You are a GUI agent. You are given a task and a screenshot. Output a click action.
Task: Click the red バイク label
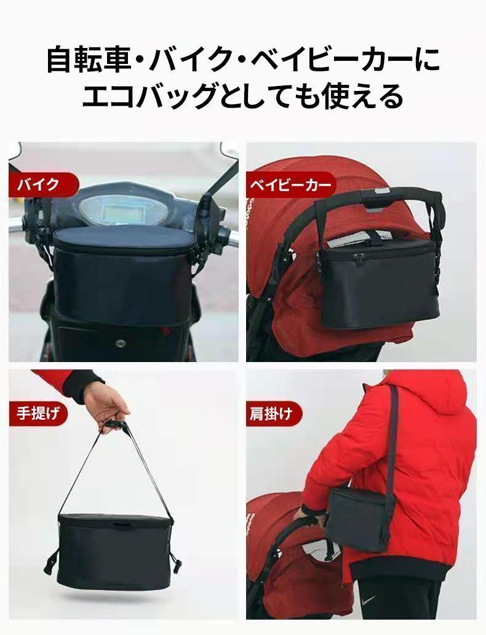pos(43,184)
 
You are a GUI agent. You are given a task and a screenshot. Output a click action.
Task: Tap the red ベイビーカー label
pos(291,185)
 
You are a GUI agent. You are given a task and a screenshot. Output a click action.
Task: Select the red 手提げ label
pos(38,414)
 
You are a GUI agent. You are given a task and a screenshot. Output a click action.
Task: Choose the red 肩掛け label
pos(274,414)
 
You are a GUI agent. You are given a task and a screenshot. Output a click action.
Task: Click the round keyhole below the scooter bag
pos(121,344)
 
